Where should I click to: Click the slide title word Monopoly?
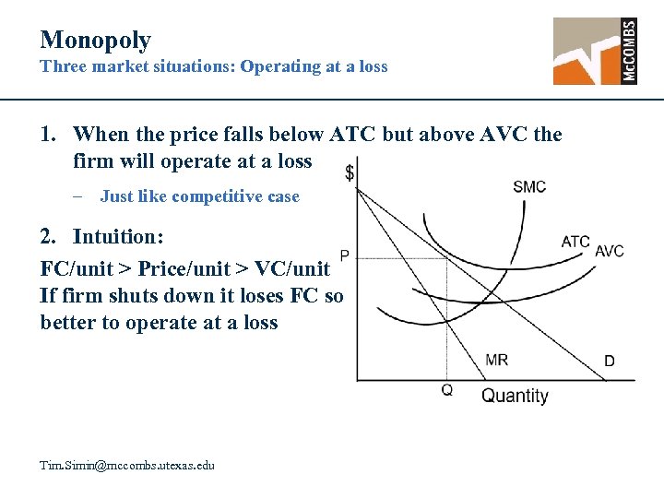click(x=95, y=40)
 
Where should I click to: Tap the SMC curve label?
click(x=529, y=187)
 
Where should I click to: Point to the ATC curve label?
click(x=575, y=243)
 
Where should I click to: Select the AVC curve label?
click(x=610, y=252)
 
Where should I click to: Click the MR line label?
click(x=496, y=360)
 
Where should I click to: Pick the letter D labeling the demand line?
click(x=610, y=362)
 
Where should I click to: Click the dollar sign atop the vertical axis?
click(x=350, y=172)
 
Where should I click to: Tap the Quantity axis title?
click(x=515, y=396)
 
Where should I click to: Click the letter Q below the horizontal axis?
click(x=447, y=390)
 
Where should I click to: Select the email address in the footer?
click(x=127, y=466)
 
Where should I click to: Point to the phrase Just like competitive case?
click(x=199, y=196)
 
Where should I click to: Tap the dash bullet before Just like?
click(x=82, y=196)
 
